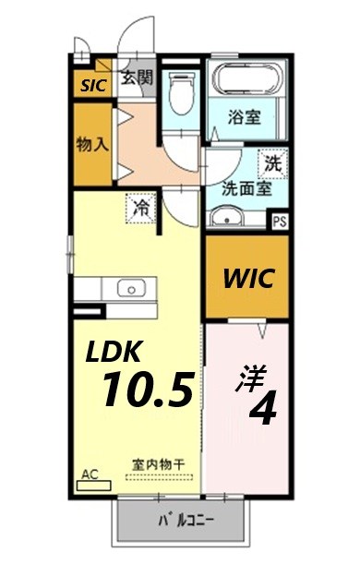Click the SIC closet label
coord(93,86)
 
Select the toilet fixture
coord(180,91)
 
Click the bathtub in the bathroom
coord(245,78)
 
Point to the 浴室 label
coord(245,117)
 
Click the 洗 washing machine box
coord(272,164)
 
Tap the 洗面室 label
coord(245,187)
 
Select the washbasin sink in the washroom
coord(225,218)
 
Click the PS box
coord(280,221)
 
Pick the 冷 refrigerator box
coord(141,207)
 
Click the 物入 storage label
coord(91,145)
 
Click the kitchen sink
coord(132,289)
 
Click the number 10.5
coord(148,390)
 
